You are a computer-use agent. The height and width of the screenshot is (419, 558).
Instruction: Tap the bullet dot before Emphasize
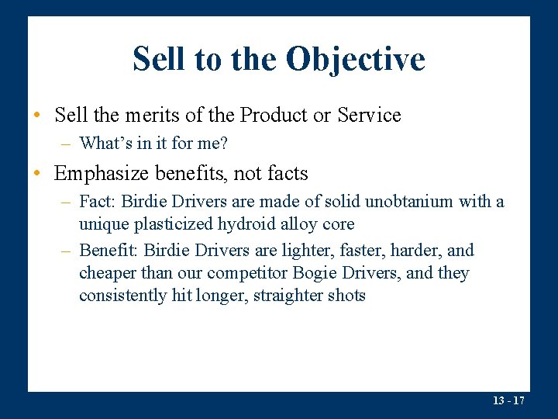coord(37,174)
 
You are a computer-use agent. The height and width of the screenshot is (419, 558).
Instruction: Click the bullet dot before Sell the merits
coord(37,116)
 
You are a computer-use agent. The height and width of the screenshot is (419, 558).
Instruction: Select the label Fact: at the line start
coord(97,202)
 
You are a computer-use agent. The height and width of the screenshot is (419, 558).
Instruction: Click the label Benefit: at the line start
coord(107,251)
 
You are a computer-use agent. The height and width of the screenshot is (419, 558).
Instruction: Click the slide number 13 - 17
coord(509,400)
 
